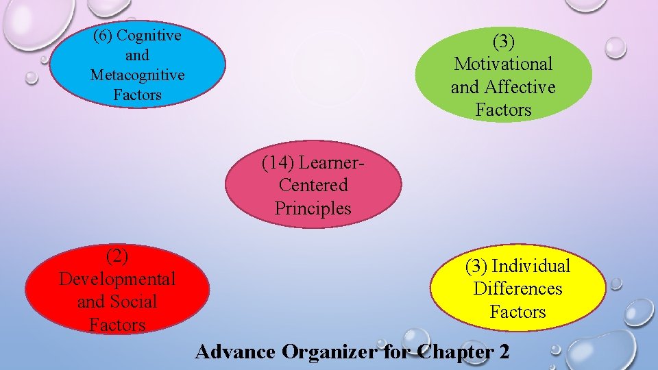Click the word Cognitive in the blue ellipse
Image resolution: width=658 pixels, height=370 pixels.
coord(150,36)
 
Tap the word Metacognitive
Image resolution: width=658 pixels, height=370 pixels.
coord(137,75)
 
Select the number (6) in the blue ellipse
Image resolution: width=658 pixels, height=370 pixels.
coord(104,36)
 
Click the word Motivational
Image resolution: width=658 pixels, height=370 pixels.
coord(503,64)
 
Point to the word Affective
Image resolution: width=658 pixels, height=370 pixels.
coord(519,87)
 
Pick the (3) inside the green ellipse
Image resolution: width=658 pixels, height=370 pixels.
coord(503,41)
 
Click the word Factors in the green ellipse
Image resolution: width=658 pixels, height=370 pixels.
coord(503,110)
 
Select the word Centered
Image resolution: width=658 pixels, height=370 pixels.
coord(313,185)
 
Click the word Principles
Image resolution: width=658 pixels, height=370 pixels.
coord(313,208)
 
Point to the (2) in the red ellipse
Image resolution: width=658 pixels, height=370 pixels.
coord(117,256)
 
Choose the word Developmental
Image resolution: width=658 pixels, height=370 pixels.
coord(117,279)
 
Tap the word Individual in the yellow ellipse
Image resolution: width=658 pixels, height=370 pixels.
coord(531,266)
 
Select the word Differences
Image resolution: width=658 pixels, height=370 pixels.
coord(517,288)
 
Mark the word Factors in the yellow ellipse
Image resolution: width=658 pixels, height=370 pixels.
coord(517,312)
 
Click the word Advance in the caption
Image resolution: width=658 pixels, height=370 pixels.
coord(234,352)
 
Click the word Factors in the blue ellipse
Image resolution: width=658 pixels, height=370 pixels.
coord(137,95)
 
